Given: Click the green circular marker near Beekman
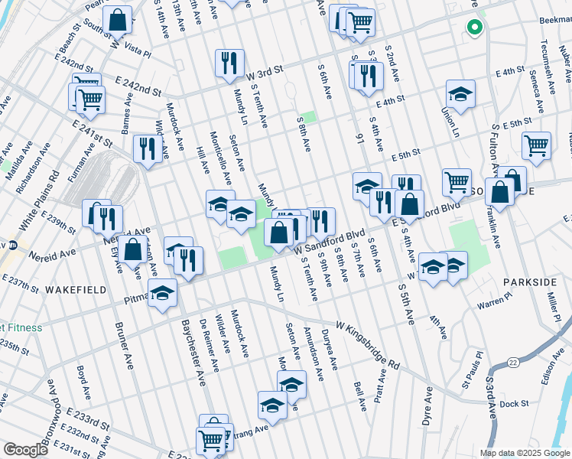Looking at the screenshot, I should tap(474, 28).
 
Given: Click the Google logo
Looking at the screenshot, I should tap(25, 450).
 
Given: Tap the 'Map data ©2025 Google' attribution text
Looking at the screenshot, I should tap(524, 453).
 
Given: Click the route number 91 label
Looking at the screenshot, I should tap(359, 138).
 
